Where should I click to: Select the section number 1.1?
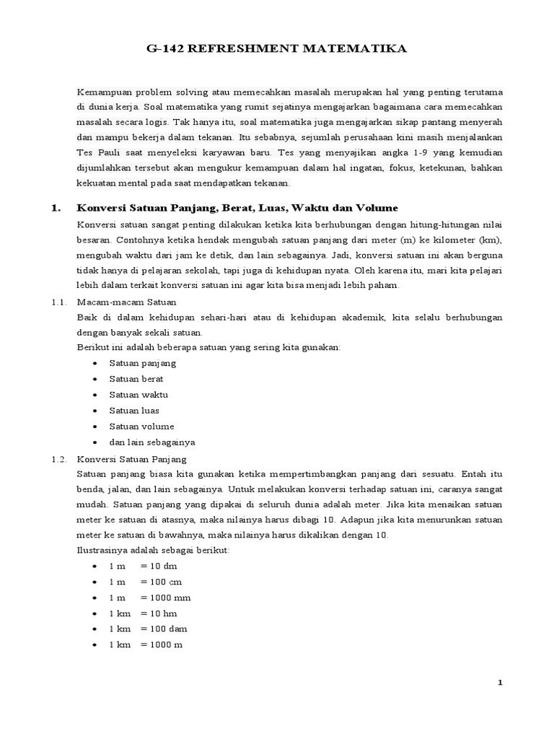click(59, 302)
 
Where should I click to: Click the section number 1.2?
click(59, 458)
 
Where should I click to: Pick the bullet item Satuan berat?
click(136, 379)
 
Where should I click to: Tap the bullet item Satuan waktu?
click(138, 395)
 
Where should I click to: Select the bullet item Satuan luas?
click(134, 411)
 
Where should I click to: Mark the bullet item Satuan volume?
click(141, 427)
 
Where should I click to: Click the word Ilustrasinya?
click(102, 550)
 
